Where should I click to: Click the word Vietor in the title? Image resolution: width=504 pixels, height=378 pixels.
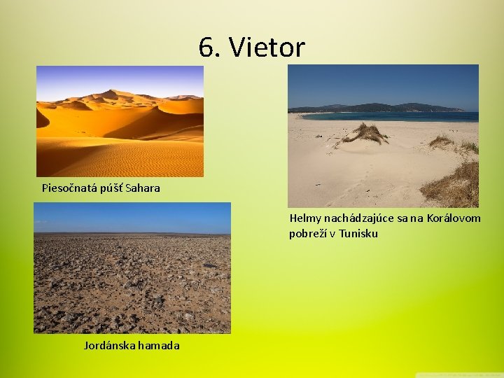click(267, 48)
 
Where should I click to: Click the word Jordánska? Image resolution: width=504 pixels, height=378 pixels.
click(111, 345)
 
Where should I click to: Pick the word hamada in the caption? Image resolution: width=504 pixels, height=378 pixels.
click(160, 345)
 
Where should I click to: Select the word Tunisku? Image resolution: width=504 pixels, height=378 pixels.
click(358, 233)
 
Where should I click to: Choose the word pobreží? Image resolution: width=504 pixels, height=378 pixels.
click(310, 233)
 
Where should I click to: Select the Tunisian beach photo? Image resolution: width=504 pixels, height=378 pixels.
click(383, 161)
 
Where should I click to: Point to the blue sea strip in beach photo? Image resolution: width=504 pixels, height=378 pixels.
click(392, 116)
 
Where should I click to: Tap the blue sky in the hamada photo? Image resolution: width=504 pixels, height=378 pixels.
click(132, 217)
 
